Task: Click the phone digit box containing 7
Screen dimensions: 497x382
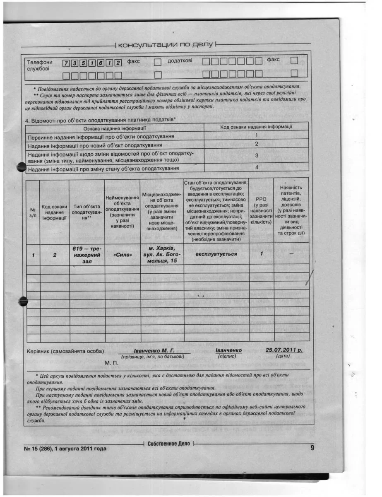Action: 66,63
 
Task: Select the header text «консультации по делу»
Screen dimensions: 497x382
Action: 165,44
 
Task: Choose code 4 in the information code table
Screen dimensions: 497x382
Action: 256,168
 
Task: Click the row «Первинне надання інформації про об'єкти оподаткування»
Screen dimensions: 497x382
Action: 101,136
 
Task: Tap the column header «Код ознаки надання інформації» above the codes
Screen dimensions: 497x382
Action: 256,127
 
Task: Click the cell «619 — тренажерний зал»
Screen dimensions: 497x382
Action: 87,254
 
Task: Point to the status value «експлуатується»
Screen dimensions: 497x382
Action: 216,253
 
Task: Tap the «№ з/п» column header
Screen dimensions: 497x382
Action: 33,212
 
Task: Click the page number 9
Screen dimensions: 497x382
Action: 312,447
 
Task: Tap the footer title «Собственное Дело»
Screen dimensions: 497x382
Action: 169,444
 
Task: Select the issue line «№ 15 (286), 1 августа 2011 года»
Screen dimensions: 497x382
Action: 65,449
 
